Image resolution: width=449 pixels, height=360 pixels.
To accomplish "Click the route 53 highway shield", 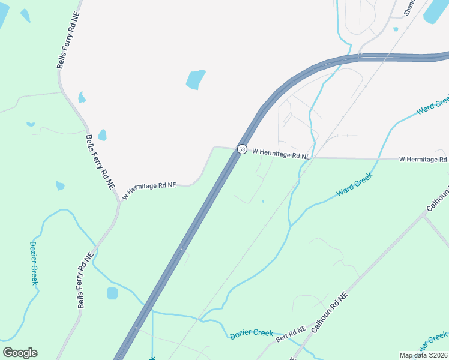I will (241, 149).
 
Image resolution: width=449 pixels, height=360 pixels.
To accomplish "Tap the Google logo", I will (20, 353).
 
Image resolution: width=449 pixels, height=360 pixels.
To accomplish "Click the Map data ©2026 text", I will (423, 355).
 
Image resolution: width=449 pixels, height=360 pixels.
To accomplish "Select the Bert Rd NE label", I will (291, 335).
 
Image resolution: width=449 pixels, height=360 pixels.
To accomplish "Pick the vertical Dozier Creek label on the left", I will (34, 263).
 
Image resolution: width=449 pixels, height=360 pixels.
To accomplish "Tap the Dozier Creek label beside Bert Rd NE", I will (252, 334).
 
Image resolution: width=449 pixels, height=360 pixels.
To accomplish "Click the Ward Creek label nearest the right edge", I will (432, 105).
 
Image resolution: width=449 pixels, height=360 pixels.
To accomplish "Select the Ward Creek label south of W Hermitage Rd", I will (355, 184).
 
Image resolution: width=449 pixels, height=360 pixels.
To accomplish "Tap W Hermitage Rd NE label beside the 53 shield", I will (281, 155).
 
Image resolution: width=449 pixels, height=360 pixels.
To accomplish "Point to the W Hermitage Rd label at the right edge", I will (423, 159).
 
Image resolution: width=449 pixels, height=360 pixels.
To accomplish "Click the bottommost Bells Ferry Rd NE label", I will (85, 280).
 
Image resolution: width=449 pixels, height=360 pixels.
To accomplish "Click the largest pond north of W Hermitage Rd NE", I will (195, 79).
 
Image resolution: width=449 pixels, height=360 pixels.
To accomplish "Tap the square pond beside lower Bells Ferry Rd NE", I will (112, 293).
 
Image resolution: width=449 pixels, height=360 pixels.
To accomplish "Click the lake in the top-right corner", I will (436, 11).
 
